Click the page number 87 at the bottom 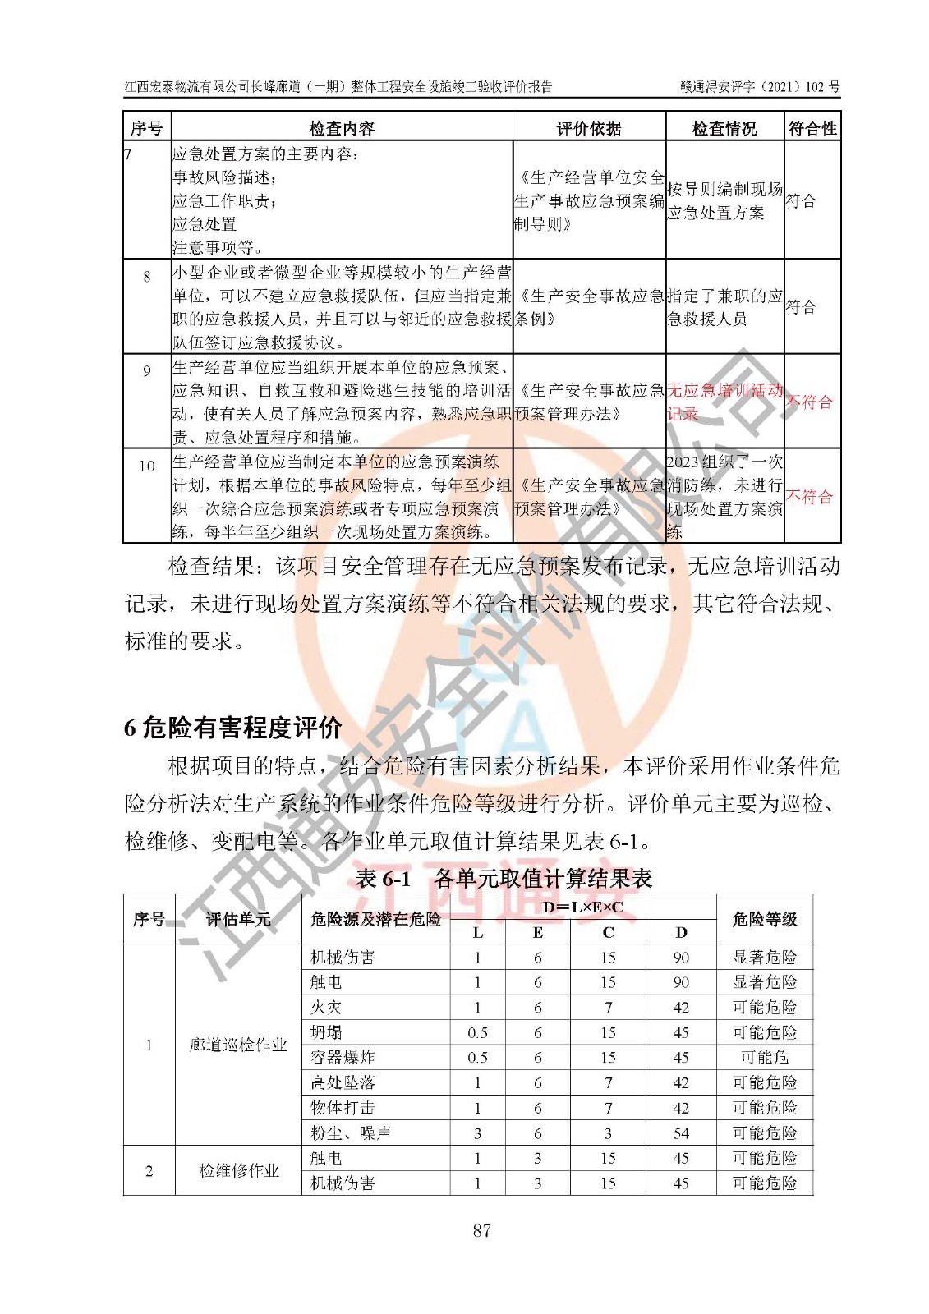click(x=481, y=1229)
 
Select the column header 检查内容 click(x=342, y=128)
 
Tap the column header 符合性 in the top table click(x=812, y=128)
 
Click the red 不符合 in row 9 click(x=810, y=402)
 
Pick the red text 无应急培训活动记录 click(x=723, y=402)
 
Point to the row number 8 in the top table click(x=147, y=277)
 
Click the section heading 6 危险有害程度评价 click(x=233, y=728)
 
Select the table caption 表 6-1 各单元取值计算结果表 click(x=503, y=879)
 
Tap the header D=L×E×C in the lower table click(x=583, y=907)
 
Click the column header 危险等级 click(x=764, y=919)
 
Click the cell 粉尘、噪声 click(x=351, y=1133)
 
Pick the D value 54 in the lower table click(x=681, y=1133)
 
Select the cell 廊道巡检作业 click(x=238, y=1045)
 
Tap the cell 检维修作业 click(x=238, y=1170)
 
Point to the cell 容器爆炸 click(x=343, y=1057)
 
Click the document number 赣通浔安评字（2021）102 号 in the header click(x=759, y=87)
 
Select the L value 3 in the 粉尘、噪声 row click(x=477, y=1133)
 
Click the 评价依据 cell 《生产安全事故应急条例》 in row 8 click(x=589, y=307)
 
